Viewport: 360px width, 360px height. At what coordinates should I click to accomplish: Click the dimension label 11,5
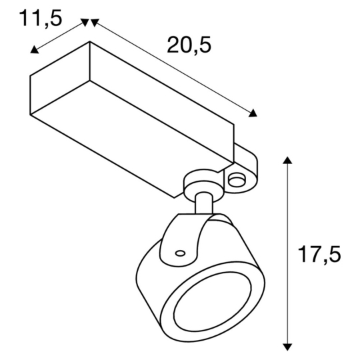point(41,17)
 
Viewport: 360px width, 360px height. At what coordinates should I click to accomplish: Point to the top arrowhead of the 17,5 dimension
point(287,161)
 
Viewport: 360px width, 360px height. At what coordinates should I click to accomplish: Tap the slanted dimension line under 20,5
point(173,67)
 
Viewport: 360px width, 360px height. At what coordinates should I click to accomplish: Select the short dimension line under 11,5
point(60,36)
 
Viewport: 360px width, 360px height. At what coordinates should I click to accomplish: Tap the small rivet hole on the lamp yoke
point(180,252)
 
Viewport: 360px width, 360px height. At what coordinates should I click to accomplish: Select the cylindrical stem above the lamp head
point(203,204)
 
